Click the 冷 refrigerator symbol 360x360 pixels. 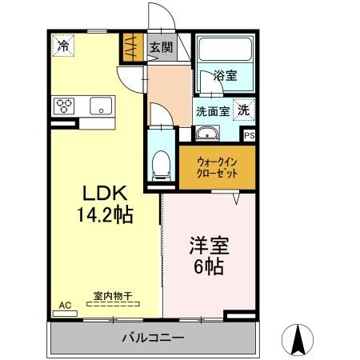[x=62, y=46]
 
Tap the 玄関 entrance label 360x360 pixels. [x=161, y=47]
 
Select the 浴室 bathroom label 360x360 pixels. [x=225, y=76]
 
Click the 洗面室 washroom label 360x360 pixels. [x=213, y=111]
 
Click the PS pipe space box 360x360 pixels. [x=249, y=136]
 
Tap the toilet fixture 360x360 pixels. [x=160, y=164]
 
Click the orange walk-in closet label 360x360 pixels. [x=216, y=166]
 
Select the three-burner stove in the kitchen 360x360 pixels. [x=65, y=105]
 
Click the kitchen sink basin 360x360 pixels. [x=102, y=105]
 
